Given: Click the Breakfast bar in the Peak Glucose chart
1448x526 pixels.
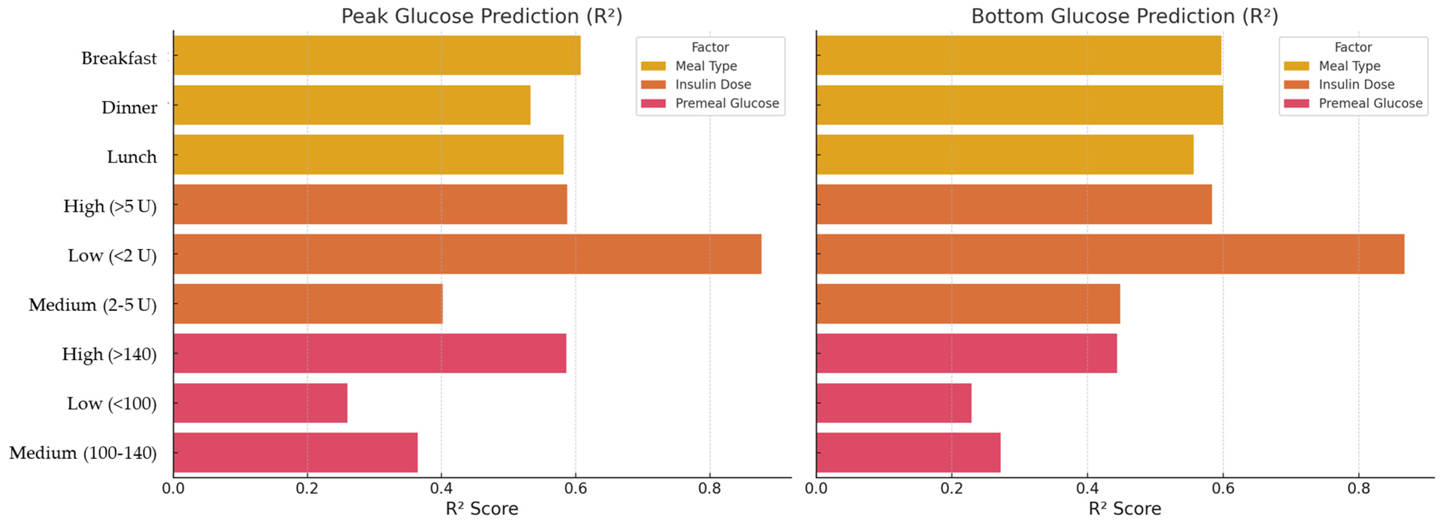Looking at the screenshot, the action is pos(377,55).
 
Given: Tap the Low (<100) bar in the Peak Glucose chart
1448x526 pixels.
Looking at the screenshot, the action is pos(260,403).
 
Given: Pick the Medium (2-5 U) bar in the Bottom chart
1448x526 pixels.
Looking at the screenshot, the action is pos(968,304).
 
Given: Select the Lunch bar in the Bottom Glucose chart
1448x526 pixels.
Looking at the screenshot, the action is pos(1005,155).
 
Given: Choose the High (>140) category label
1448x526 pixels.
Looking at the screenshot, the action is pos(109,354).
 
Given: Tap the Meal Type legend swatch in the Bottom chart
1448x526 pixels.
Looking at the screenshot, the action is pos(1296,66).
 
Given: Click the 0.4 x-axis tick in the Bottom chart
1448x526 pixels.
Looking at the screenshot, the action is pos(1087,488).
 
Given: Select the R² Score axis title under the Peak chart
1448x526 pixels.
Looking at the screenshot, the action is pos(482,508).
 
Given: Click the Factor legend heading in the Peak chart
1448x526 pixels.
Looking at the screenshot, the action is pos(710,47).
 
